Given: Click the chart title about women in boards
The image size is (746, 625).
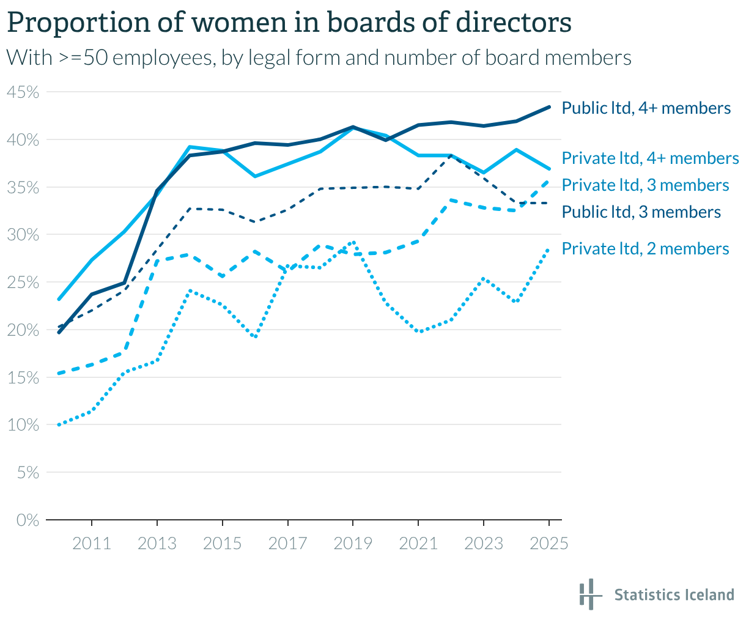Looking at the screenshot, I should (289, 23).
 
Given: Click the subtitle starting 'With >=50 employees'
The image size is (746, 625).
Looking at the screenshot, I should (318, 57).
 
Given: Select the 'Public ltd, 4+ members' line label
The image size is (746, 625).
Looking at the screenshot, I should (646, 108).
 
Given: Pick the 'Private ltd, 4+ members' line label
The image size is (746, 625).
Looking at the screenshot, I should (650, 158).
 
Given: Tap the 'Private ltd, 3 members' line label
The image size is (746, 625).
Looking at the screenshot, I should (645, 185).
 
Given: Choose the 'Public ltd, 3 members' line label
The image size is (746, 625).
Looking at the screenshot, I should (641, 212).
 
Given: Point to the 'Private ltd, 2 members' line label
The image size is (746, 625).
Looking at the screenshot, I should (645, 249).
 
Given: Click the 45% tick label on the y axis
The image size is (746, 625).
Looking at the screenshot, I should (23, 92).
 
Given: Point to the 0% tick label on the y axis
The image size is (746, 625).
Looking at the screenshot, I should (28, 520).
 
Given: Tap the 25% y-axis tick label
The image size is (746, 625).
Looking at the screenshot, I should (23, 283).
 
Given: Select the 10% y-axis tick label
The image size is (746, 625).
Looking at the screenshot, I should (23, 425).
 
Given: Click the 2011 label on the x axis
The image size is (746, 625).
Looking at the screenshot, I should (92, 543).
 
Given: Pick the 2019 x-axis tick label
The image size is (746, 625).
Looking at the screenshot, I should (353, 543).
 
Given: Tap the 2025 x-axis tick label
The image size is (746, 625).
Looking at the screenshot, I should (549, 543).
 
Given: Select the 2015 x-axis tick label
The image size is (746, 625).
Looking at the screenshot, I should (222, 543).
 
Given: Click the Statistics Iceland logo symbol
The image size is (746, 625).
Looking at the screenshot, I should (588, 594).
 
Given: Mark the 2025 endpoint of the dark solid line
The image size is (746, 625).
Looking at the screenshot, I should (549, 107).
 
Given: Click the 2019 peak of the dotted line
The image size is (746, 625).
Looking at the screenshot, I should (353, 242).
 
